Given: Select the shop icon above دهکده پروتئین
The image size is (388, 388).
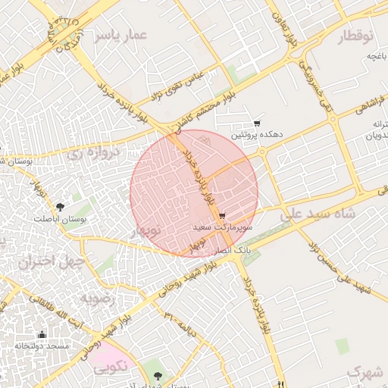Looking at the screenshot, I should [257, 123].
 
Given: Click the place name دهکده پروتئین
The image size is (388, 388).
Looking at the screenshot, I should [258, 134].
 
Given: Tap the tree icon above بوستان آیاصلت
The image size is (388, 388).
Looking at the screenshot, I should [60, 207].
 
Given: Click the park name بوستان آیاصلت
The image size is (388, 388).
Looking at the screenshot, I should [60, 218].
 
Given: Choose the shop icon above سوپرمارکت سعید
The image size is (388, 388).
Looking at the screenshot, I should [221, 216].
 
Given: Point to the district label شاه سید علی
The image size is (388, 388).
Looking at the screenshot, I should [318, 214].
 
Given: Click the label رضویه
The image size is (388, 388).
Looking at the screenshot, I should [97, 298].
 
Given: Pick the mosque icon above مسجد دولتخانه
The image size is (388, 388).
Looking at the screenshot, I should [42, 334].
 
